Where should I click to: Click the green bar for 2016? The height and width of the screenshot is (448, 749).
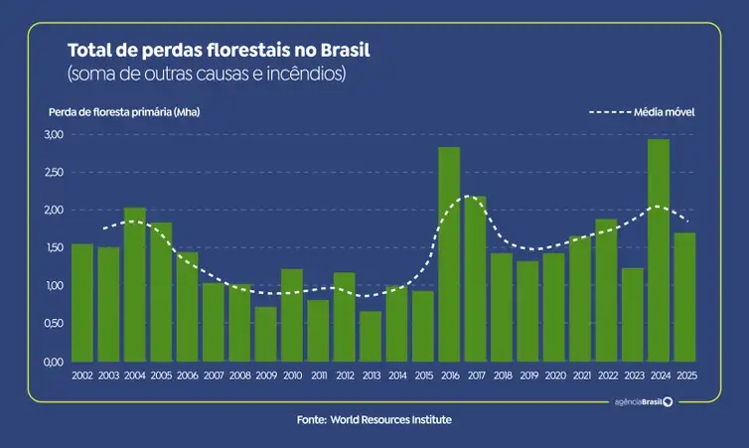(x=449, y=254)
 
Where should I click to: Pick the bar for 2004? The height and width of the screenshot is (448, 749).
(x=135, y=284)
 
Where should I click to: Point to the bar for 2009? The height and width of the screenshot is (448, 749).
(x=265, y=334)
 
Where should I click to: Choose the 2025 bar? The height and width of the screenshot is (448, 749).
(x=684, y=297)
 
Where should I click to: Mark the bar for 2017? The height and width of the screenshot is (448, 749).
(x=475, y=278)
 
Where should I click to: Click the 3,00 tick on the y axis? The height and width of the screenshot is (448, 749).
(x=53, y=134)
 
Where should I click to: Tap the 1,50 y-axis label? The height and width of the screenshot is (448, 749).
(x=53, y=247)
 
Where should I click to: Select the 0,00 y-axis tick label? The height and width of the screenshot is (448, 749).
(x=53, y=362)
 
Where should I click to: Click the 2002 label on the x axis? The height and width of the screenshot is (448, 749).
(x=82, y=374)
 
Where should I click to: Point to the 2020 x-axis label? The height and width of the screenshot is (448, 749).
(x=553, y=374)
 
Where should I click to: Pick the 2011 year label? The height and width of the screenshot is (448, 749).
(x=318, y=374)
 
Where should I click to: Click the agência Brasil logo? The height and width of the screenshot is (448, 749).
(x=643, y=401)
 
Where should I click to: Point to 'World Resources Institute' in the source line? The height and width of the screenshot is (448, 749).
(x=391, y=420)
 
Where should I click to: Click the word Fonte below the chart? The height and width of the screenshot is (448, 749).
(x=311, y=420)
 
